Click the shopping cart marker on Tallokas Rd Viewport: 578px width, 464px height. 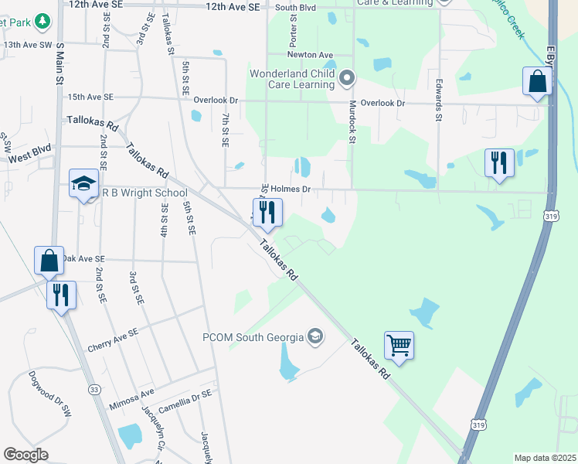pos(399,344)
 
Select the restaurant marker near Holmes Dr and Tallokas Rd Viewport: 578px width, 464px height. pos(267,213)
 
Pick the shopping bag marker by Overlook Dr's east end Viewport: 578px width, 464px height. pos(537,81)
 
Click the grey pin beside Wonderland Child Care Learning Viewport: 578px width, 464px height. pos(347,77)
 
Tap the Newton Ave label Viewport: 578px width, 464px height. pos(310,55)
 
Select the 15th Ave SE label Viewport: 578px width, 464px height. pos(90,97)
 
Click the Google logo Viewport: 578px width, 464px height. pos(26,454)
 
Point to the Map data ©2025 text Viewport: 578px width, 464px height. pos(545,458)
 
